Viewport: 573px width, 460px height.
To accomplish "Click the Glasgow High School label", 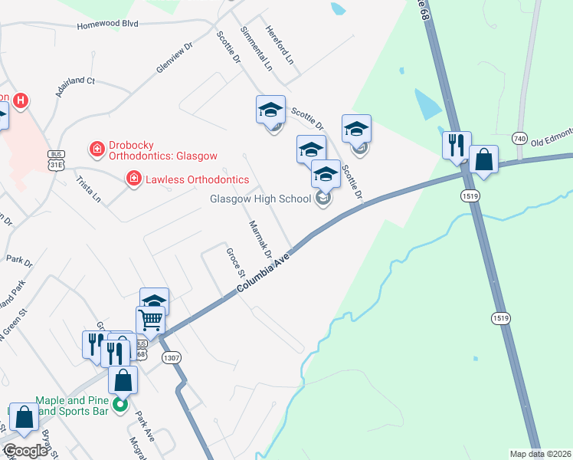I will [x=260, y=199].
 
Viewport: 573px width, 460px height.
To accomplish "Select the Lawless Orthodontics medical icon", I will [x=133, y=179].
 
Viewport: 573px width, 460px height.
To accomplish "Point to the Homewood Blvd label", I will [x=107, y=25].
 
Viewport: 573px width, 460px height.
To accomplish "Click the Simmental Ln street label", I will [x=257, y=48].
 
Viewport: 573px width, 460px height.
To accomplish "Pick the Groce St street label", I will [x=234, y=262].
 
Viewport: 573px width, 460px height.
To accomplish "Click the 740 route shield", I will [x=521, y=139].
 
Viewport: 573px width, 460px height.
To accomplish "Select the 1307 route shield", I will [x=171, y=357].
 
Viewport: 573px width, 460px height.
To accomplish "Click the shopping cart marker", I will [x=150, y=319].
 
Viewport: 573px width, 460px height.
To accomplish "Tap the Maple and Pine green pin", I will [x=120, y=404].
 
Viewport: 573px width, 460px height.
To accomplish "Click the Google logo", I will [x=25, y=451].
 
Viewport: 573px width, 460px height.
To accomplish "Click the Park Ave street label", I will [x=146, y=425].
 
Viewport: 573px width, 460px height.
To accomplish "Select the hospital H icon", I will [x=21, y=100].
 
